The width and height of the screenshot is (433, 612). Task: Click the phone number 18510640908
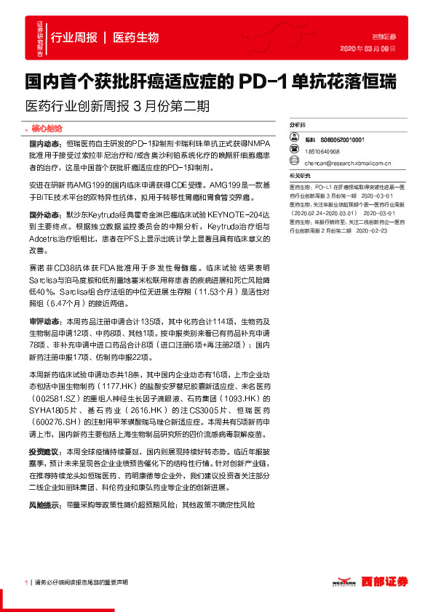[x=322, y=152]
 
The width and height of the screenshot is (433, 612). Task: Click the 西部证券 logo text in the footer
[x=386, y=581]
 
